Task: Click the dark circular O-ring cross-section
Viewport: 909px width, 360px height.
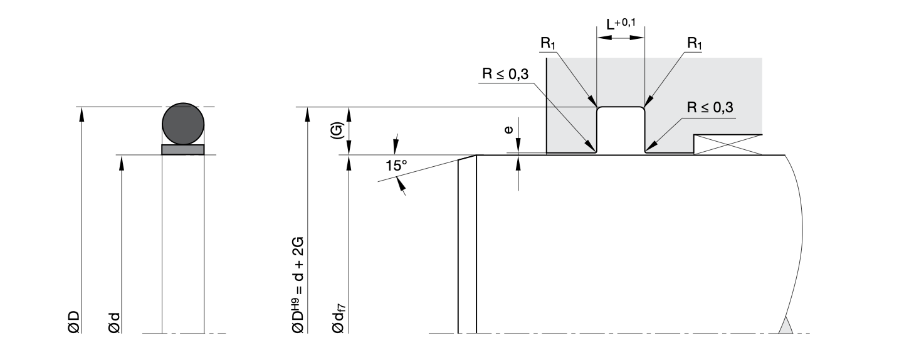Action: point(183,124)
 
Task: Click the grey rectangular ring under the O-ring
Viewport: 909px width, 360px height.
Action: point(183,149)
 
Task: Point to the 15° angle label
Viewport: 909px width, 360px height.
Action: point(396,166)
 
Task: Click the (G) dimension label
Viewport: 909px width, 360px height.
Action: point(336,130)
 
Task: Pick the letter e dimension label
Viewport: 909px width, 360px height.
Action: point(508,130)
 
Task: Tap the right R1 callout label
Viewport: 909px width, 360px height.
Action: point(695,43)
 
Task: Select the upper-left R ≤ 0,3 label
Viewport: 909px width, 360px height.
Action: point(505,73)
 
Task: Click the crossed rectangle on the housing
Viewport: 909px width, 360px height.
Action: point(728,145)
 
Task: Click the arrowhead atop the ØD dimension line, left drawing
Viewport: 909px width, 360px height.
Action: point(80,112)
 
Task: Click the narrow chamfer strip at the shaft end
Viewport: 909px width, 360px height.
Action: point(467,245)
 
